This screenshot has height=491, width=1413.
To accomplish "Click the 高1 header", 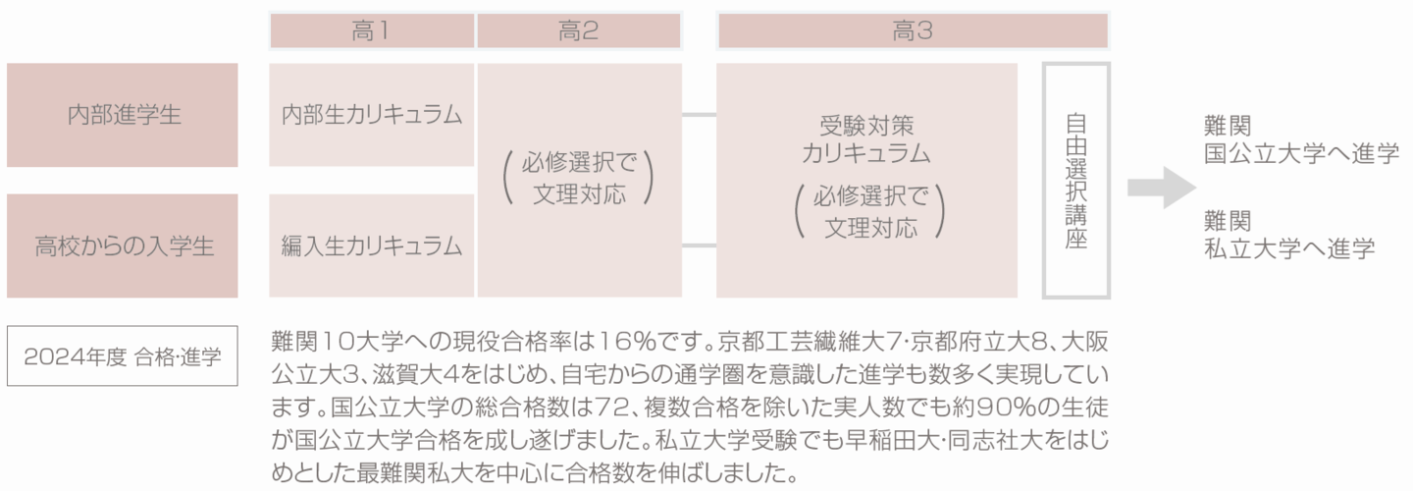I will click(371, 30).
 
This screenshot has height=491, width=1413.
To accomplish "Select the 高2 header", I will click(579, 30).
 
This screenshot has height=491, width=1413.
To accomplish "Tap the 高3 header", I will click(913, 30).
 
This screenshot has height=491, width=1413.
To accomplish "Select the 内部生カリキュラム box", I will click(371, 115).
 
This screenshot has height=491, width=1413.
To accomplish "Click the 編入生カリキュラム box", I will click(371, 245).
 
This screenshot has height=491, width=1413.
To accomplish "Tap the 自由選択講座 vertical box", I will click(1075, 181).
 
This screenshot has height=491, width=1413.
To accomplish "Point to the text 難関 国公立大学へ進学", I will click(1300, 139).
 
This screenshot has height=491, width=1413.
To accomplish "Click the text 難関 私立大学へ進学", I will click(1288, 235).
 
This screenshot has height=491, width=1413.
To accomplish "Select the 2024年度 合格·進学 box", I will click(123, 355).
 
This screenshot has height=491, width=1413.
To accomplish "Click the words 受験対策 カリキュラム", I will click(866, 139).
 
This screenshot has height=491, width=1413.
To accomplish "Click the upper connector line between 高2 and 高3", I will click(699, 115).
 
